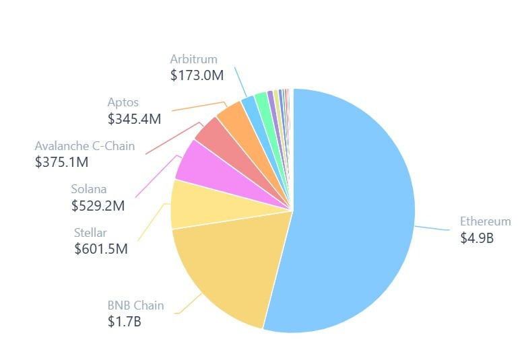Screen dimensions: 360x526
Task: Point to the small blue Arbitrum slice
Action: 249,104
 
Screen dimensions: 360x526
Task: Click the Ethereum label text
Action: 485,221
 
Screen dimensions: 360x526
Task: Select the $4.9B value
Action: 477,238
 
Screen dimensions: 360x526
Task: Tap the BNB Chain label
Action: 135,305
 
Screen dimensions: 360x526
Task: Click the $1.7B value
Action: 124,322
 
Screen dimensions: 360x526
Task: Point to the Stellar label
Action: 90,233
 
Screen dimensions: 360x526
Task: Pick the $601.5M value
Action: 101,249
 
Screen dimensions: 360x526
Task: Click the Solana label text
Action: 89,189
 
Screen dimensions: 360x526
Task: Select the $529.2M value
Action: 98,206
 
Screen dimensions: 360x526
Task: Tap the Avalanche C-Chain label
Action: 85,145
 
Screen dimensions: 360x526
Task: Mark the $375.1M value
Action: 61,161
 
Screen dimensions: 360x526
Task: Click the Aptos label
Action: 123,102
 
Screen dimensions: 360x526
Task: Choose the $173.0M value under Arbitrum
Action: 197,75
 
